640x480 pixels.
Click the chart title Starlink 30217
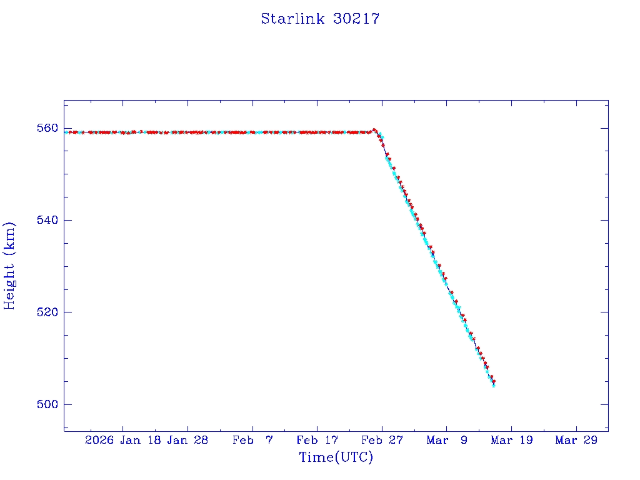tap(320, 19)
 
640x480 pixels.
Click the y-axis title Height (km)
tap(10, 266)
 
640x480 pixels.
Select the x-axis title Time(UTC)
tap(336, 457)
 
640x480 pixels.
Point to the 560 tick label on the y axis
tap(48, 128)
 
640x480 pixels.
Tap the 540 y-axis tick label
tap(48, 220)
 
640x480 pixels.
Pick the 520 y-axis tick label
tap(48, 312)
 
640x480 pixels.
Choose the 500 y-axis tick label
tap(48, 404)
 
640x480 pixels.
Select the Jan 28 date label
tap(187, 440)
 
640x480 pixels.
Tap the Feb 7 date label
tap(252, 440)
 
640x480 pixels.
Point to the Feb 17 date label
tap(317, 440)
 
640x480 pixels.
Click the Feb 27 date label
tap(382, 440)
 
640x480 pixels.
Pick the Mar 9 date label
tap(446, 440)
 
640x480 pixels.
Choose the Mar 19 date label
tap(511, 440)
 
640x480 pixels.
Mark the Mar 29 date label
tap(576, 440)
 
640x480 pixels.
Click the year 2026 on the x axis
tap(100, 440)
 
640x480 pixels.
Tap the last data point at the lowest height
tap(494, 385)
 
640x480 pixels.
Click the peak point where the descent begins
tap(374, 130)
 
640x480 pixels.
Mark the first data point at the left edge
tap(66, 132)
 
